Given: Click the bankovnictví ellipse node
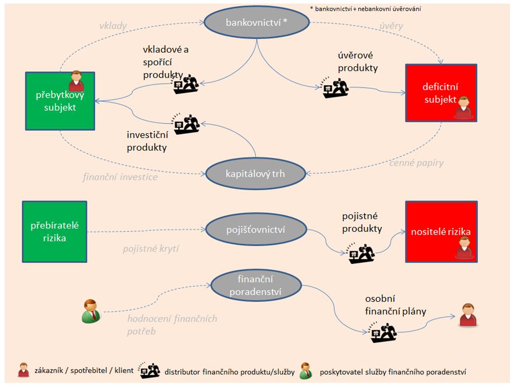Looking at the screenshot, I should [x=256, y=23].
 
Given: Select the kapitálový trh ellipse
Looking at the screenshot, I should [x=256, y=174].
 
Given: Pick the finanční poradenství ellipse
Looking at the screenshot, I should [x=256, y=285].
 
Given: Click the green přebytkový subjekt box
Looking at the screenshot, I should [x=60, y=100].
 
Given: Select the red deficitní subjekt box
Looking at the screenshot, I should [x=440, y=93].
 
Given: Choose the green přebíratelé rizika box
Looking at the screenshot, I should [x=55, y=231].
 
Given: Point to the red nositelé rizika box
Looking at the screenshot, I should [x=440, y=231].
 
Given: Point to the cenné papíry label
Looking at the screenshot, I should [x=416, y=163].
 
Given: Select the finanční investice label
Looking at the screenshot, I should [x=120, y=177].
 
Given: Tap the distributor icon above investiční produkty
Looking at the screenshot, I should [x=186, y=124].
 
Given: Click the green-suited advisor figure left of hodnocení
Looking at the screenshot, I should [x=91, y=311].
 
